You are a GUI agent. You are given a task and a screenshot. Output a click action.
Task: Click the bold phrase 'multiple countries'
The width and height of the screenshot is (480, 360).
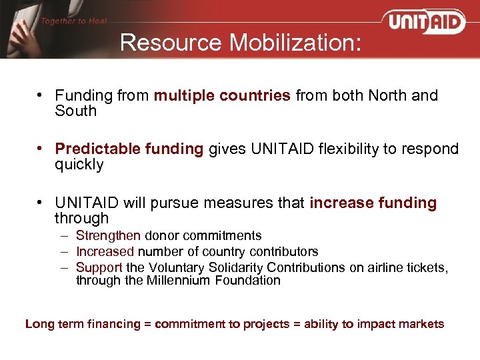pyautogui.click(x=222, y=95)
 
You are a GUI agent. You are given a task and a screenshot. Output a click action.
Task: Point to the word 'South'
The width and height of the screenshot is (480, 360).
pyautogui.click(x=75, y=111)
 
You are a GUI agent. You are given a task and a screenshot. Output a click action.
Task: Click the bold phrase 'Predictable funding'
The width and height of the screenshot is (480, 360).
pyautogui.click(x=129, y=149)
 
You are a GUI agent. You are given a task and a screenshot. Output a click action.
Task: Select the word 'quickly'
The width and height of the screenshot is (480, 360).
pyautogui.click(x=79, y=165)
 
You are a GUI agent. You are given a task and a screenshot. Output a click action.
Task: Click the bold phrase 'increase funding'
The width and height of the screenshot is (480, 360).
pyautogui.click(x=373, y=202)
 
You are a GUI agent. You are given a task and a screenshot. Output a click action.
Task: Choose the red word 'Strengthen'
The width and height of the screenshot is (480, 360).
pyautogui.click(x=108, y=235)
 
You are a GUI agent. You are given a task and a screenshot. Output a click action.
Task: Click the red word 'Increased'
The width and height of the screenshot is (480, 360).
pyautogui.click(x=105, y=251)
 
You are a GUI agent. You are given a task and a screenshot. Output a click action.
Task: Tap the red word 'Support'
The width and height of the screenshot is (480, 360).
pyautogui.click(x=99, y=267)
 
